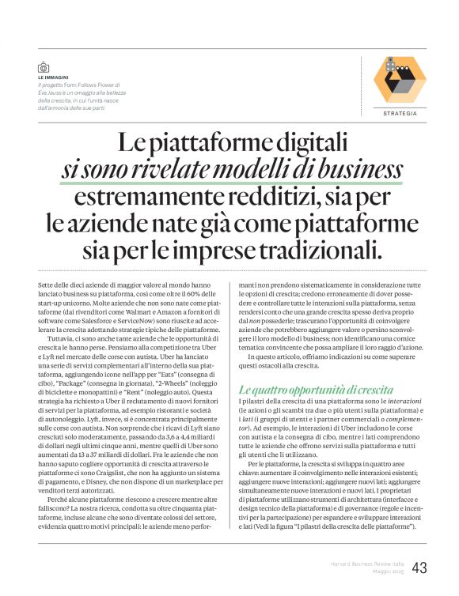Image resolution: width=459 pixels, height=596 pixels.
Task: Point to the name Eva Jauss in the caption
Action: pos(50,92)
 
